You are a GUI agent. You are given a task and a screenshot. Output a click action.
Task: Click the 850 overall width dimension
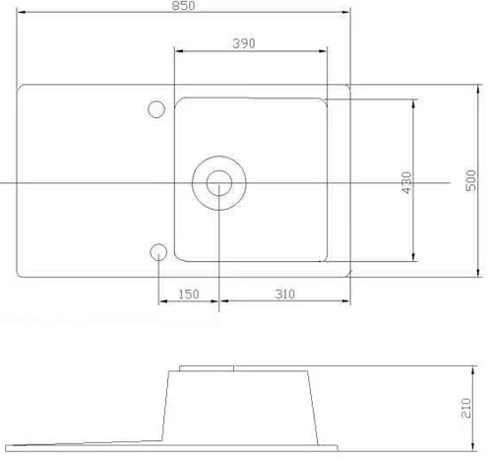pyautogui.click(x=184, y=6)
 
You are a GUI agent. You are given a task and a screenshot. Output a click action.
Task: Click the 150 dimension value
pyautogui.click(x=189, y=295)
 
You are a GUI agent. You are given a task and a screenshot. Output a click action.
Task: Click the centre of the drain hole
pyautogui.click(x=218, y=183)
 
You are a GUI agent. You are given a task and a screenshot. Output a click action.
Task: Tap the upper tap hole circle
pyautogui.click(x=156, y=109)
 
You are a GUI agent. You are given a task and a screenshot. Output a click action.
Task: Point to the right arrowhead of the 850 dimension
pyautogui.click(x=346, y=13)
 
